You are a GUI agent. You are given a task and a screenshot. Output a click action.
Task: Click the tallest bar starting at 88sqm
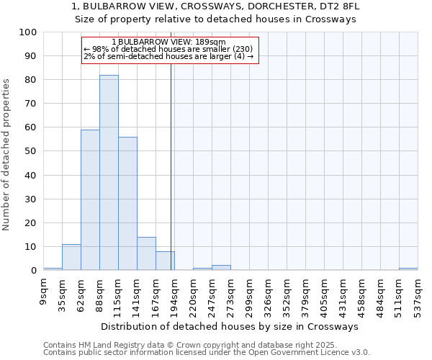pyautogui.click(x=109, y=173)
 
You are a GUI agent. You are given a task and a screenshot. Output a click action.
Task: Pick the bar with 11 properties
pyautogui.click(x=71, y=257)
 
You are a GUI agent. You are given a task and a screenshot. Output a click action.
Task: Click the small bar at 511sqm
pyautogui.click(x=408, y=269)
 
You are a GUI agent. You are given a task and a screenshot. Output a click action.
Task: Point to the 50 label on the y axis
pyautogui.click(x=32, y=151)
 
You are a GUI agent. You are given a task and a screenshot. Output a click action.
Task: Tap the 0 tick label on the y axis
pyautogui.click(x=35, y=271)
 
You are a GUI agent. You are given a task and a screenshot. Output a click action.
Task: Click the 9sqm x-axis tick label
pyautogui.click(x=44, y=287)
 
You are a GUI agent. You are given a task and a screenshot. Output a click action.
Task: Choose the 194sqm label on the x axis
pyautogui.click(x=174, y=291)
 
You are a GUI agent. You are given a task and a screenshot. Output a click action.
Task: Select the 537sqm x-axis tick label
pyautogui.click(x=418, y=291)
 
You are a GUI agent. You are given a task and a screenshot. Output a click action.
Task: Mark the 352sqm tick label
pyautogui.click(x=287, y=291)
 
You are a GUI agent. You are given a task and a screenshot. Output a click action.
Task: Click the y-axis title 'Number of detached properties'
pyautogui.click(x=6, y=155)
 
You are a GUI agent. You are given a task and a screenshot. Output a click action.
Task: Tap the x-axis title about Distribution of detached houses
pyautogui.click(x=230, y=326)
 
